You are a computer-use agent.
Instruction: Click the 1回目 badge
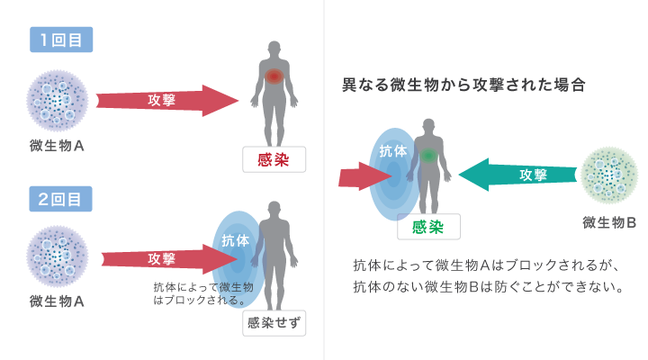click(61, 40)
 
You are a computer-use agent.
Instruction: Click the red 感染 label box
click(274, 159)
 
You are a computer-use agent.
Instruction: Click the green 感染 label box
click(428, 227)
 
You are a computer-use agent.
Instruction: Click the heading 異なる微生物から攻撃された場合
click(464, 87)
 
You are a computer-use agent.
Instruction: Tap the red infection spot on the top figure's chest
click(274, 78)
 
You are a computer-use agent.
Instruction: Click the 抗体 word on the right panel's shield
click(393, 153)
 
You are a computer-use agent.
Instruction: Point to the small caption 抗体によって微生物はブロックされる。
click(203, 292)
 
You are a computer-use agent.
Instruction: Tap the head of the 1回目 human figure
click(274, 49)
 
